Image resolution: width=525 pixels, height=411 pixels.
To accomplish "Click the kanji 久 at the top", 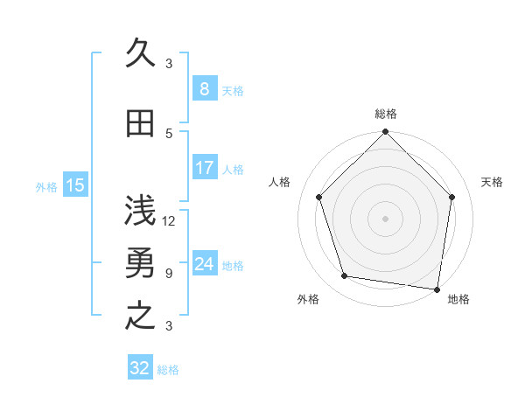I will click(x=140, y=52).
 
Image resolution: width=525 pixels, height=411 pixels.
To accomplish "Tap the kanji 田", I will click(x=140, y=124).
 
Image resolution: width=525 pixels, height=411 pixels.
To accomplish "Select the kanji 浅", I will click(x=140, y=211).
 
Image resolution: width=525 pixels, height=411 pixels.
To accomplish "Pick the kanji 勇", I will click(x=140, y=265).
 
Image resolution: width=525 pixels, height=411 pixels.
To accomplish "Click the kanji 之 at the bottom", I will click(x=140, y=316).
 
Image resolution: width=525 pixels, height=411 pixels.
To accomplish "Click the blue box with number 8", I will click(x=204, y=89).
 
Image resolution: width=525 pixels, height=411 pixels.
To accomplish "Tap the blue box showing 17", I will click(x=204, y=168).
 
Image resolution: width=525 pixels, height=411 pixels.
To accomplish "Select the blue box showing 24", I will click(x=204, y=264).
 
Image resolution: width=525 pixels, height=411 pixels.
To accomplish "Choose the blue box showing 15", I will click(x=74, y=185).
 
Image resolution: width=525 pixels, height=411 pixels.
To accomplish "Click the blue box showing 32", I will click(x=140, y=368).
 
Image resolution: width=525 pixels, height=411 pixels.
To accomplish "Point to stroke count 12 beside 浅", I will click(x=170, y=221).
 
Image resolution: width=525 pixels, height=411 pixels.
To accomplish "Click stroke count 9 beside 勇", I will click(x=169, y=274).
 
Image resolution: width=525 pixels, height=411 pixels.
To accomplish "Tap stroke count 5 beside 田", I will click(x=169, y=133).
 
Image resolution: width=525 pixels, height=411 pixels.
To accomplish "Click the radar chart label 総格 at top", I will click(x=386, y=114).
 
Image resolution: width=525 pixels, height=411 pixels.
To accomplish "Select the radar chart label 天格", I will click(x=492, y=182).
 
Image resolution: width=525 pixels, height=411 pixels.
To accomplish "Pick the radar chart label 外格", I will click(x=308, y=299).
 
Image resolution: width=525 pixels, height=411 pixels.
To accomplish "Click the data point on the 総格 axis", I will click(x=385, y=133).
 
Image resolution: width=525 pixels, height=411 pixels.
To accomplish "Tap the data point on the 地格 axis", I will click(x=437, y=289).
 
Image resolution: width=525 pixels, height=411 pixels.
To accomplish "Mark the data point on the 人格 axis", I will click(x=318, y=197).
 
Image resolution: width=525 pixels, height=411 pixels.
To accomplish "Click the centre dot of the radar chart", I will click(x=385, y=218).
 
